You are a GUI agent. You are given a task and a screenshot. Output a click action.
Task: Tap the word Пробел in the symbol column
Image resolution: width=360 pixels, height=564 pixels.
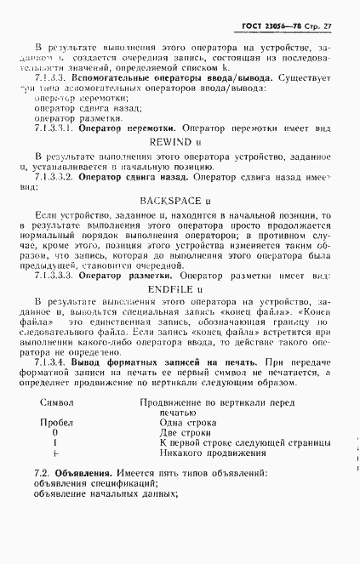(x=56, y=445)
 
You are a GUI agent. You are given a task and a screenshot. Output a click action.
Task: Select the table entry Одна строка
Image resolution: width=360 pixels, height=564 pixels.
(x=186, y=445)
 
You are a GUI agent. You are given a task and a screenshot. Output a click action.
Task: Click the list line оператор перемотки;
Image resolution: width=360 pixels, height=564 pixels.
(x=75, y=98)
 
